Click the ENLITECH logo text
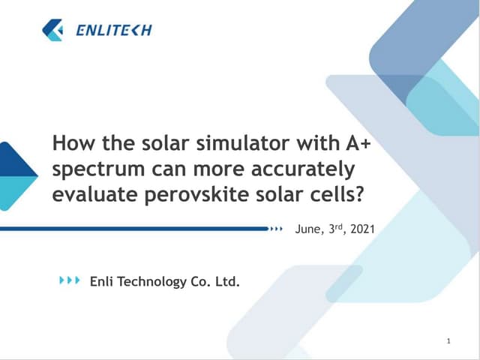[x=114, y=31]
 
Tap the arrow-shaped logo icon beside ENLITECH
[x=53, y=30]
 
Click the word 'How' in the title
[x=70, y=142]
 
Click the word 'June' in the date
[x=310, y=229]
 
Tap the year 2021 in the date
[x=361, y=229]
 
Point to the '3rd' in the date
[x=336, y=228]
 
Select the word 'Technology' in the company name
[x=151, y=282]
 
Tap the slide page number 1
[x=448, y=342]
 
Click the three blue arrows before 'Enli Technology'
[x=70, y=280]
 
